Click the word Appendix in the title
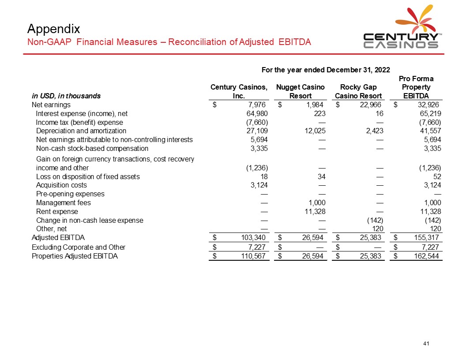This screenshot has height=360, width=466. pos(53,29)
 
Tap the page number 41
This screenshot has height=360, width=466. pos(426,344)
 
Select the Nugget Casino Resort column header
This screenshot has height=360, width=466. pos(300,91)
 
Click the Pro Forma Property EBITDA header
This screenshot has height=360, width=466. pos(416,87)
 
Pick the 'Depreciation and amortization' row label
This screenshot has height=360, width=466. pos(81,131)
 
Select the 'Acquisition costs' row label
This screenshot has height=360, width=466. pos(61,185)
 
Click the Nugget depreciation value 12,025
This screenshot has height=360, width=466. pos(313,131)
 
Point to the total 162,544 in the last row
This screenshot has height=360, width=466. pos(428,256)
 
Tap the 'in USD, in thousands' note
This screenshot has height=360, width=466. pos(66,96)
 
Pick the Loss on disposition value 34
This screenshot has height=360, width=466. pos(321,177)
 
